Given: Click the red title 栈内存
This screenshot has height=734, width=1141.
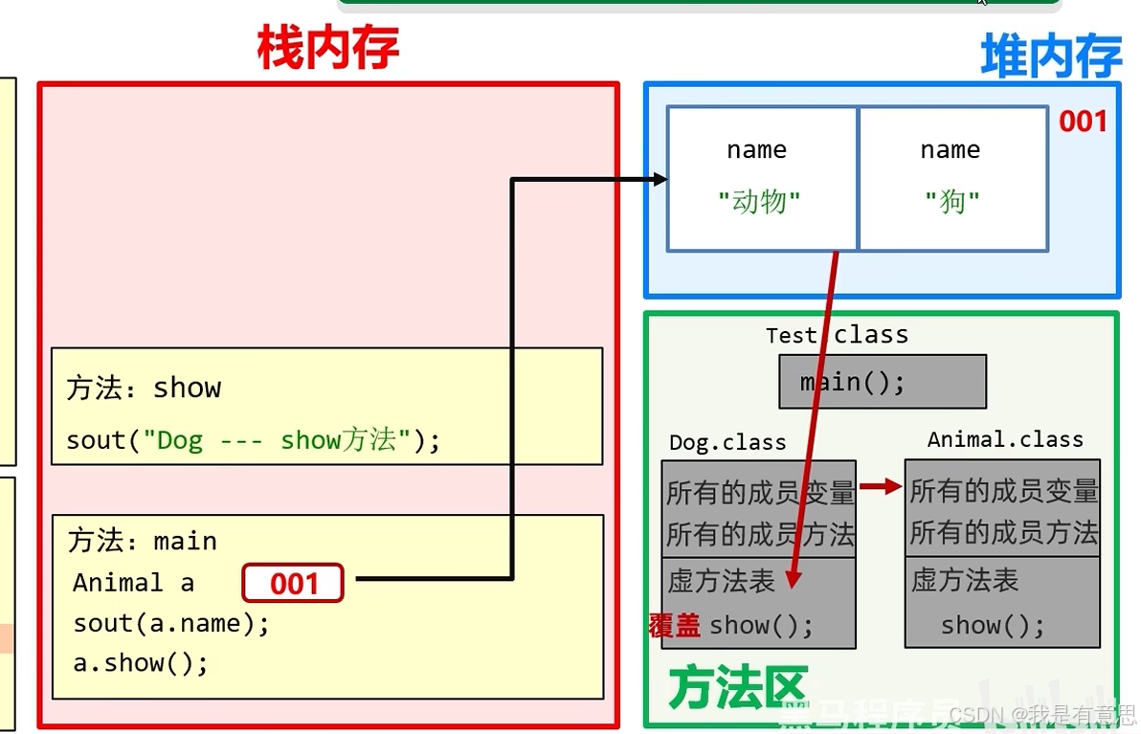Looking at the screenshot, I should coord(327,48).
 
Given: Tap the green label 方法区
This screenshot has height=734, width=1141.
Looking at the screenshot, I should coord(737,688).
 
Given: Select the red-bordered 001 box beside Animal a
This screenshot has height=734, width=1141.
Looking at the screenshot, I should coord(293,583).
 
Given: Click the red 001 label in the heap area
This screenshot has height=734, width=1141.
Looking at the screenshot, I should coord(1083,122).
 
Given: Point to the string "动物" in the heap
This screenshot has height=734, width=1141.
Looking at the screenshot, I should coord(759,202).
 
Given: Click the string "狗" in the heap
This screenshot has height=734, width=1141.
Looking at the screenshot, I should coord(951,202).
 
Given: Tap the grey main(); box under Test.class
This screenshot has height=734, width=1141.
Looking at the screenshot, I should coord(882,382).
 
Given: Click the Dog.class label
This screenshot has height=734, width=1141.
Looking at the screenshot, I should coord(727,442).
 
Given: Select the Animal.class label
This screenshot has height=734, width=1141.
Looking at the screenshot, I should coord(1005,439).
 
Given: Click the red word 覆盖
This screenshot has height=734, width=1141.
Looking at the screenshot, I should coord(674,626).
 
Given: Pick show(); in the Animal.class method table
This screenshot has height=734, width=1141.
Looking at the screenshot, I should coord(993,626).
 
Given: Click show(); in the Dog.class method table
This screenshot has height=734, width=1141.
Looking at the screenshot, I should coord(761,626).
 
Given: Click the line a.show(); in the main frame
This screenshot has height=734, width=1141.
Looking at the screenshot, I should coord(140,662).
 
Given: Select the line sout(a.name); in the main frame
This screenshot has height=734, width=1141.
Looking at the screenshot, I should coord(171,623).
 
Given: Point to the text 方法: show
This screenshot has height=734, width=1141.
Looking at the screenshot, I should coord(144,388).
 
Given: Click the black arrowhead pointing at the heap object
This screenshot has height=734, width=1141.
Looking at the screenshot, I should coord(659,179).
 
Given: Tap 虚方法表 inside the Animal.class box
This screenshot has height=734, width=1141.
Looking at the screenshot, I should coord(964,580).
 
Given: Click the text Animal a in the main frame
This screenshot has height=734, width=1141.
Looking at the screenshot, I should coord(133,583).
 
